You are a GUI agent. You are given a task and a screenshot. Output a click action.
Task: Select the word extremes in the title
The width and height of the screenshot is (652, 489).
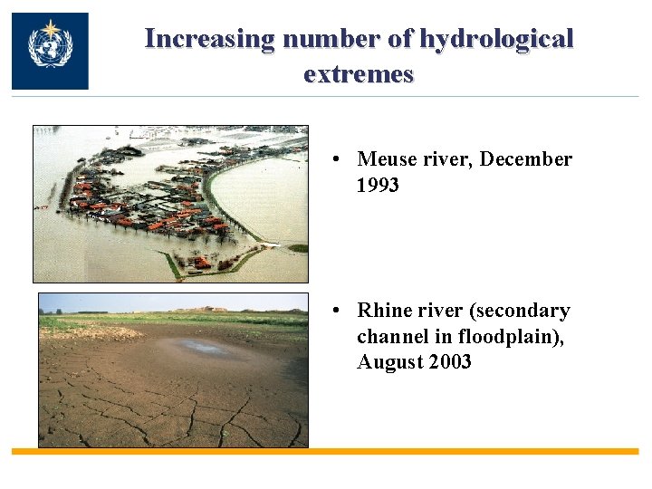click(359, 73)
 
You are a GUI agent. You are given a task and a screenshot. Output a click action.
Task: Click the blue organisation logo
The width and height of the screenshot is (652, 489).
click(50, 51)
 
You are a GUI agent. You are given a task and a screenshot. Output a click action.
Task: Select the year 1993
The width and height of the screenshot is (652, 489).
click(379, 186)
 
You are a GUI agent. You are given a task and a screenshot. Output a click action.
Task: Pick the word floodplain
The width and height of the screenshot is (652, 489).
click(489, 337)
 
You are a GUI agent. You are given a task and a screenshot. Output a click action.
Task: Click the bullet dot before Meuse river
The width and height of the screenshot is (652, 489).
click(335, 160)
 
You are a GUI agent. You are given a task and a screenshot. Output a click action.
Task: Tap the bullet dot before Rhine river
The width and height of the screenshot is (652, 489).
click(335, 312)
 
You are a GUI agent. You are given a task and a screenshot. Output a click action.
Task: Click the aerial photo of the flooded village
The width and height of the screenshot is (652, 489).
click(170, 204)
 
